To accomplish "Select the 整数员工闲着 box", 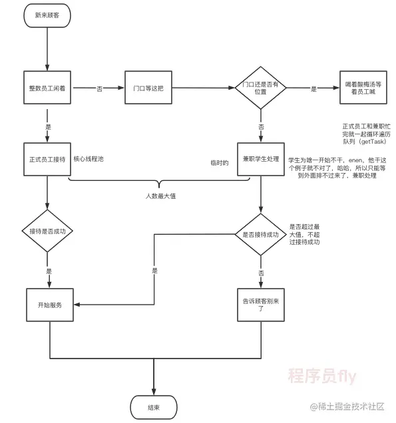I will [47, 88].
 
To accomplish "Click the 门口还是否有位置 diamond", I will [260, 88].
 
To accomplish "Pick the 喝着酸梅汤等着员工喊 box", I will [363, 88].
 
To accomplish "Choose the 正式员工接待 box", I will [47, 160].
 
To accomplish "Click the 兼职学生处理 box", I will [261, 160].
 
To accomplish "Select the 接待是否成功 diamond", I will [47, 231].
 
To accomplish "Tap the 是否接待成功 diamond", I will [260, 234].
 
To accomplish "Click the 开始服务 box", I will [51, 305].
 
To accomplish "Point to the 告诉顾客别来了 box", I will [260, 305].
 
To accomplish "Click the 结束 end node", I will [154, 406].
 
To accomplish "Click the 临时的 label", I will [219, 162].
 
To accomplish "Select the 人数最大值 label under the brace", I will [160, 196].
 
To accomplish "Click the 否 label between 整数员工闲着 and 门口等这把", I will [100, 88].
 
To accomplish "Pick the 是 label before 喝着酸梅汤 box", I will [313, 88].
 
